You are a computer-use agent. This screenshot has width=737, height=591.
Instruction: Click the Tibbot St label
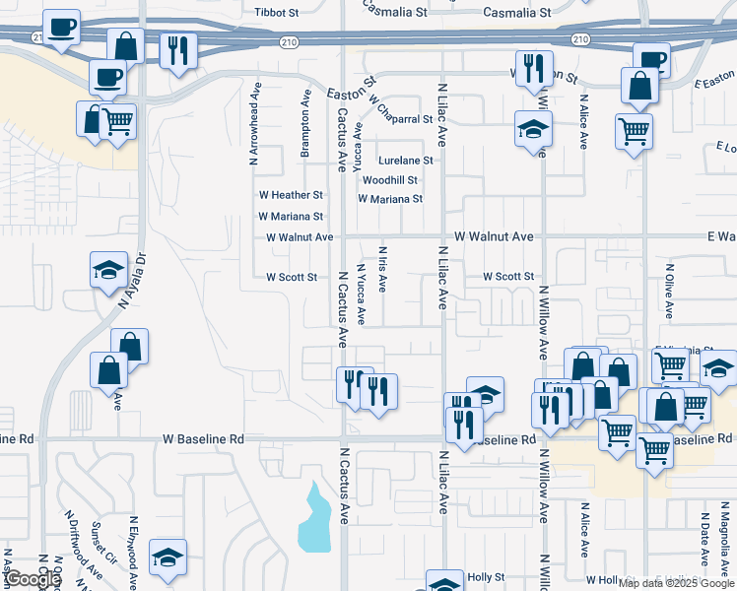coord(276,13)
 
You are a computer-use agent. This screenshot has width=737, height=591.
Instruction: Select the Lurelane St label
coord(405,161)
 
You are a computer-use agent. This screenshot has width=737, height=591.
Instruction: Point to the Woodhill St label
coord(390,180)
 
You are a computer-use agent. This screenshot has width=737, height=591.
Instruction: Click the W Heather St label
coord(290,196)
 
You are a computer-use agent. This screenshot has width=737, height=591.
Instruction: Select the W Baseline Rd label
coord(203,438)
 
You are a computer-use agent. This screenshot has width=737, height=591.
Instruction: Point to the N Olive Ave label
coord(669,291)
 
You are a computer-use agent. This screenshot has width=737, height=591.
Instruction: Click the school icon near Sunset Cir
coord(168,557)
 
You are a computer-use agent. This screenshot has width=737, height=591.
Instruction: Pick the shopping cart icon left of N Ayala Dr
coord(118,123)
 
